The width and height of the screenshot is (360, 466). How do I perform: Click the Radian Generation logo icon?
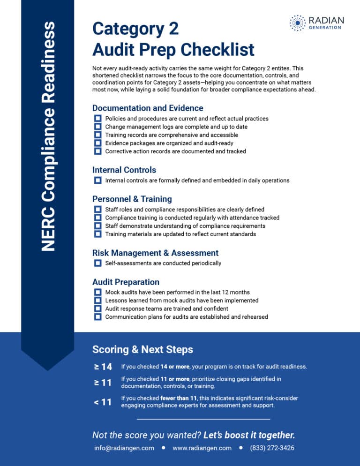click(297, 23)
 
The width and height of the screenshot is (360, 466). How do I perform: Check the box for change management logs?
click(97, 127)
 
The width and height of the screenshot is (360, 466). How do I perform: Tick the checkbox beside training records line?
click(97, 135)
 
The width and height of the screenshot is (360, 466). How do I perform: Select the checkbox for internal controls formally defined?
click(97, 180)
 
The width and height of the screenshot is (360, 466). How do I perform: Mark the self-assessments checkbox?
click(97, 263)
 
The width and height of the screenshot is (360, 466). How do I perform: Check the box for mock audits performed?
click(97, 292)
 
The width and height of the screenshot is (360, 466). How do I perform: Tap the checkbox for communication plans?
click(97, 317)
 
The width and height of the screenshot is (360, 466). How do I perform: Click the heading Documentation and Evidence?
click(148, 108)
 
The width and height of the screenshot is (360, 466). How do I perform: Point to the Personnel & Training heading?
click(132, 199)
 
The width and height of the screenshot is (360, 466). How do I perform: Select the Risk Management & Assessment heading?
click(155, 253)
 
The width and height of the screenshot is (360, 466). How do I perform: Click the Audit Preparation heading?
click(126, 282)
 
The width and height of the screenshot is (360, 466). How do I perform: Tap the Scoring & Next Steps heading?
click(142, 349)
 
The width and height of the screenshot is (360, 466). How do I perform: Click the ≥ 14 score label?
click(103, 367)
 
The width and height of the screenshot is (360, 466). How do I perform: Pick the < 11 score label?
click(103, 402)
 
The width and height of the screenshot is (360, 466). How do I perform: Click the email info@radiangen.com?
click(124, 448)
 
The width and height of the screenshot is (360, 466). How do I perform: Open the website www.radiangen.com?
click(202, 448)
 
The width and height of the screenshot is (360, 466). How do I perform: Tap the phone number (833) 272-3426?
click(272, 448)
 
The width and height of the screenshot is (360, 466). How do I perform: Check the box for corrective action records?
click(97, 151)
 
